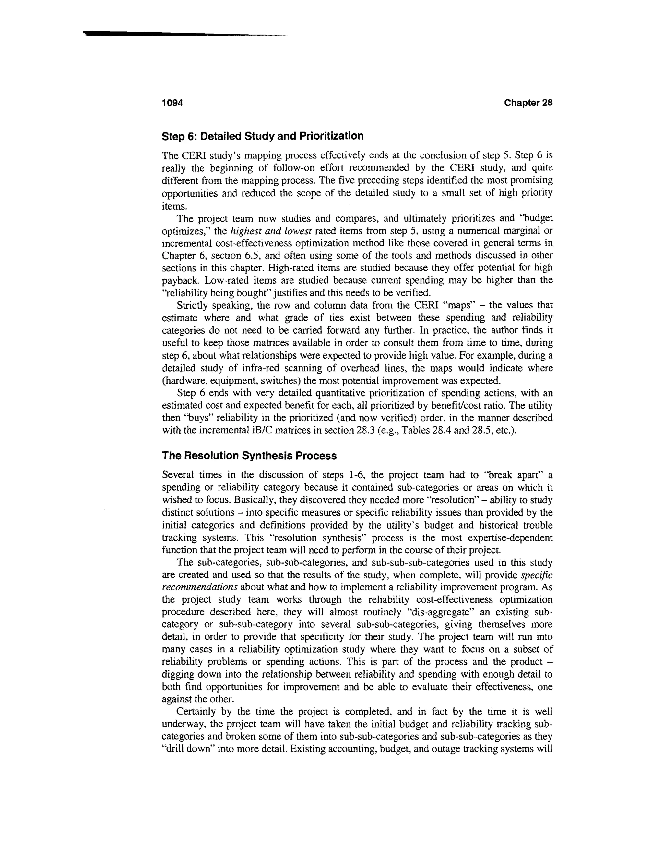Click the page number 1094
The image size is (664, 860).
[x=172, y=103]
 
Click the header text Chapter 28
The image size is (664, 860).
[x=528, y=103]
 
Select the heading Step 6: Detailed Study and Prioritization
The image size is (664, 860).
[x=262, y=136]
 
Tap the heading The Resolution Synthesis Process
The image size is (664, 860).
[x=249, y=456]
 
